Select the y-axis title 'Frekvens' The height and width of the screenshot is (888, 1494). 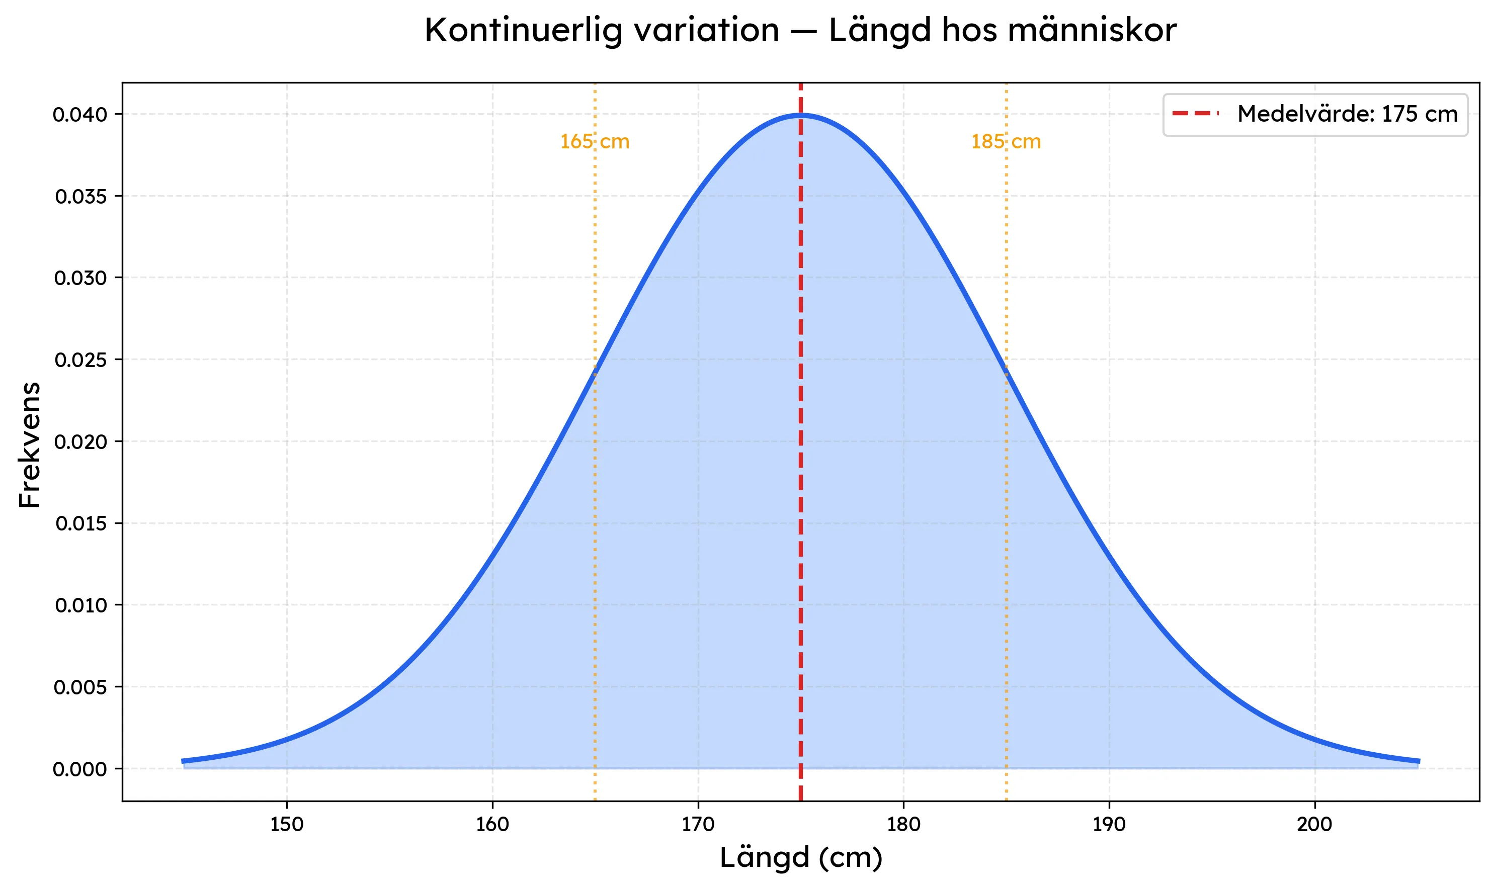(x=29, y=445)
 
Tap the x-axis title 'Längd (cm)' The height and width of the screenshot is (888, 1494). (x=800, y=857)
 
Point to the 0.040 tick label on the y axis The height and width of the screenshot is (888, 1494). (x=79, y=114)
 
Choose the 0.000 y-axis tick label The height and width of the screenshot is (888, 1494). (x=79, y=769)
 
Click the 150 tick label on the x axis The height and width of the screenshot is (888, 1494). (x=287, y=825)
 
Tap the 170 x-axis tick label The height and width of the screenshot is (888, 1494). (x=698, y=825)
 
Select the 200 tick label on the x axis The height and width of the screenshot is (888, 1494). (x=1314, y=825)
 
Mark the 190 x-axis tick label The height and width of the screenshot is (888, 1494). (x=1109, y=825)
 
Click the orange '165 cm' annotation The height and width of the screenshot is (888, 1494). (x=595, y=142)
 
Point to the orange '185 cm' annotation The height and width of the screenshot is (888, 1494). (x=1006, y=142)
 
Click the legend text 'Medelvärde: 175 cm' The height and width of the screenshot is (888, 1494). (x=1347, y=114)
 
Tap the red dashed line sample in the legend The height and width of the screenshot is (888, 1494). (x=1195, y=114)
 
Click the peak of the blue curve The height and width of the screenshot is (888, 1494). (x=801, y=114)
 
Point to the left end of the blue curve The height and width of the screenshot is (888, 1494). (x=183, y=761)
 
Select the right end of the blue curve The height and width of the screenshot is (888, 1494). (x=1419, y=761)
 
